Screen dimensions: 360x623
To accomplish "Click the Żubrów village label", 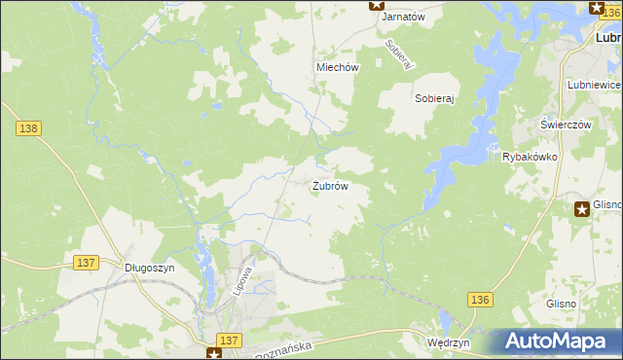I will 330,186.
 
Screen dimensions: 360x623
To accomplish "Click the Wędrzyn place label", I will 449,343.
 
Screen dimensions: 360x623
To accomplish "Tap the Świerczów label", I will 567,125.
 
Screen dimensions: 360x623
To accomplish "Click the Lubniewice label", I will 594,86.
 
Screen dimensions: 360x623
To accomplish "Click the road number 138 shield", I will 28,127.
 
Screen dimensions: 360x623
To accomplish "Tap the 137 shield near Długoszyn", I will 86,263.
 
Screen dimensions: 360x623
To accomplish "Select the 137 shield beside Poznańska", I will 229,339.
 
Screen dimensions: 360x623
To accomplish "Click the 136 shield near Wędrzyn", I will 479,300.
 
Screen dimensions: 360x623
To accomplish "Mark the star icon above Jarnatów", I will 377,5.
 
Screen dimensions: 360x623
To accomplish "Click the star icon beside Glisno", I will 581,207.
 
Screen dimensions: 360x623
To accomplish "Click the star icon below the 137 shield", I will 214,354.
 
